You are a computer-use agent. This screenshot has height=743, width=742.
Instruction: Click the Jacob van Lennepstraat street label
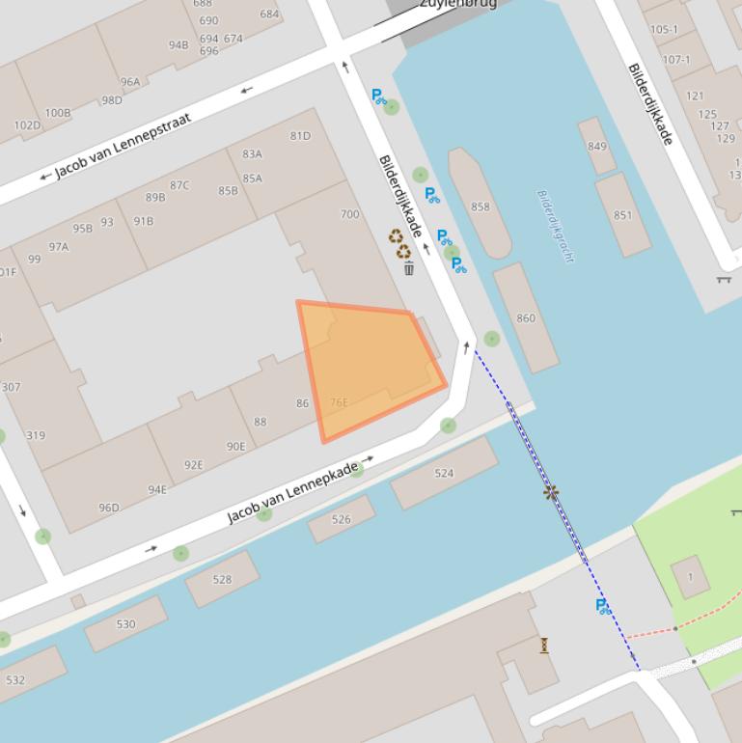coord(123,146)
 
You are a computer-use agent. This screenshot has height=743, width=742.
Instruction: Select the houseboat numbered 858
coord(480,206)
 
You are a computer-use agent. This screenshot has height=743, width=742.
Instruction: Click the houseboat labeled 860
coord(526,317)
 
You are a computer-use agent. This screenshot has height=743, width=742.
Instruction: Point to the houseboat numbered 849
coord(597,147)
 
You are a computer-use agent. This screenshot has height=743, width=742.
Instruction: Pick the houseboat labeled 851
coord(622,214)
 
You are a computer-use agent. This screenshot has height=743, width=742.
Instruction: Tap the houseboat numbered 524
coord(444,473)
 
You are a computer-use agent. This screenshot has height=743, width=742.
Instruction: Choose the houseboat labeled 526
coord(342,519)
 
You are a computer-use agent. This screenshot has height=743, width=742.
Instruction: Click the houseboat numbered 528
coord(222,579)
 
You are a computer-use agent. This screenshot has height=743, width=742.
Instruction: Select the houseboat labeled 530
coord(125,623)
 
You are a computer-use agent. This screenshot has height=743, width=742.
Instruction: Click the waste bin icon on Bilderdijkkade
coord(409,268)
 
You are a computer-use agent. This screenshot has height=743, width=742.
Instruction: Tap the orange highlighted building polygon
coord(371,367)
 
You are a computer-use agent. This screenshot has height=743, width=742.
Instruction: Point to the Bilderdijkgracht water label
coord(555,225)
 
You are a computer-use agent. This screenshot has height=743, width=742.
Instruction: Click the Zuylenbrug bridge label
coord(457,4)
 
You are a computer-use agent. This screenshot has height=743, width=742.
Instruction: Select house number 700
coord(349,214)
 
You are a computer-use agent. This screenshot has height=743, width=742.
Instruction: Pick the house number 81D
coord(300,136)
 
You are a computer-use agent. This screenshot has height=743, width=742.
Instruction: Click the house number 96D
coord(109,508)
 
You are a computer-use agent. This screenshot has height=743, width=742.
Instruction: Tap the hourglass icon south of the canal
coord(544,646)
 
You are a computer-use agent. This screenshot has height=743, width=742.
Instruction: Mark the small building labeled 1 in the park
coord(690,577)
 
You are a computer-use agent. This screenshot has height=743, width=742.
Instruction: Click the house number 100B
coord(58,113)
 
